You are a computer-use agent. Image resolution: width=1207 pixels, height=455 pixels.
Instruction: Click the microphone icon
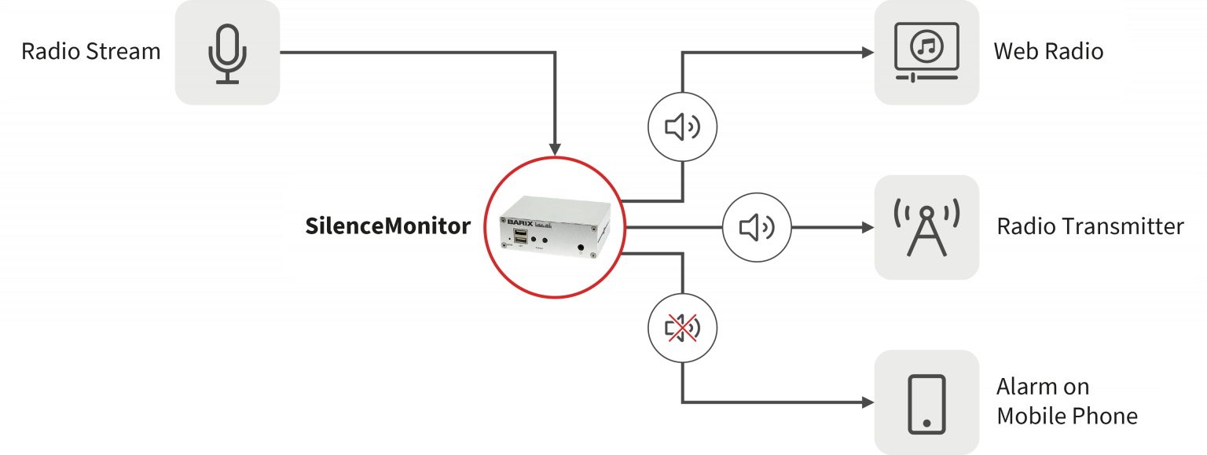[x=227, y=53]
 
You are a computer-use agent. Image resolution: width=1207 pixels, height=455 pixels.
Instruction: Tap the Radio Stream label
[x=90, y=52]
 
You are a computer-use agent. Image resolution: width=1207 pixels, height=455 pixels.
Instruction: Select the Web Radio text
[x=1048, y=52]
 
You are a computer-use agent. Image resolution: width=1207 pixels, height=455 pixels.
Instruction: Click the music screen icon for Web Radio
[x=926, y=52]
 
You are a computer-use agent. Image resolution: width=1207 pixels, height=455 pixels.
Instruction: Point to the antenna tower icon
[x=926, y=228]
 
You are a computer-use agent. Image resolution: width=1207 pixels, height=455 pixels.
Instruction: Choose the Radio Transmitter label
[x=1090, y=227]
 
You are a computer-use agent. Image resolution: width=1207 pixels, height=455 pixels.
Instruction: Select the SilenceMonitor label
[x=387, y=227]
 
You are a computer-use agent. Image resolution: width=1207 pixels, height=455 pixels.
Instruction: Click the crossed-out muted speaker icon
[x=681, y=328]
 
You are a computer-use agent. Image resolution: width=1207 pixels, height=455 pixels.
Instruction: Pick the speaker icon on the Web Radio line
[x=681, y=127]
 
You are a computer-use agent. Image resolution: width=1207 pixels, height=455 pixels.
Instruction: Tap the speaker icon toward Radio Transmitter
[x=756, y=228]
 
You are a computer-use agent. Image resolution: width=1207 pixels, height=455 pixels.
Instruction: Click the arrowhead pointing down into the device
[x=556, y=149]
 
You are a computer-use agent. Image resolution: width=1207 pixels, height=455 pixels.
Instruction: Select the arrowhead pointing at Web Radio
[x=867, y=53]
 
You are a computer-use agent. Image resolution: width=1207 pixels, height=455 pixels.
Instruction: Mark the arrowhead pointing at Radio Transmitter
[x=867, y=228]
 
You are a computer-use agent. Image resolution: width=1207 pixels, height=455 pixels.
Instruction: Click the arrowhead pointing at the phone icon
[x=867, y=403]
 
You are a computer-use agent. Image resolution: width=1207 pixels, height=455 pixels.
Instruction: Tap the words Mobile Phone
[x=1066, y=416]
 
